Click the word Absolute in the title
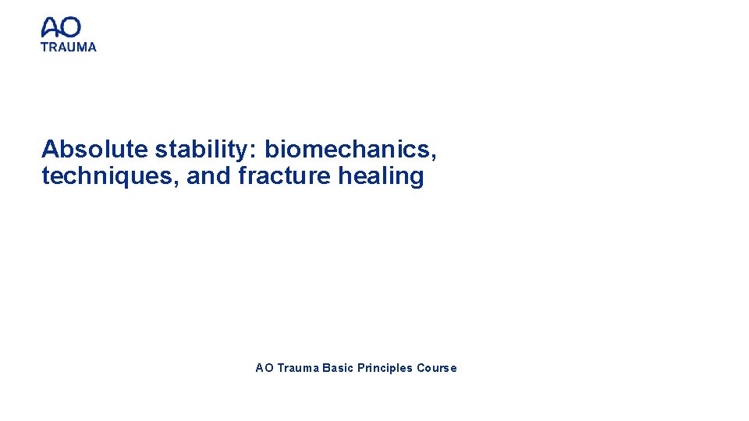(94, 148)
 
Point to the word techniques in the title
(109, 177)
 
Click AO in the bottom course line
(264, 368)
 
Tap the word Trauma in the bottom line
(297, 368)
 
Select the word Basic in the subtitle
(338, 368)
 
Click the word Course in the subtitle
(437, 368)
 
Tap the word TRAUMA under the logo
(69, 47)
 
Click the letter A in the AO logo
(51, 28)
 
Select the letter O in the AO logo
(71, 28)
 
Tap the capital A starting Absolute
(50, 148)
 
